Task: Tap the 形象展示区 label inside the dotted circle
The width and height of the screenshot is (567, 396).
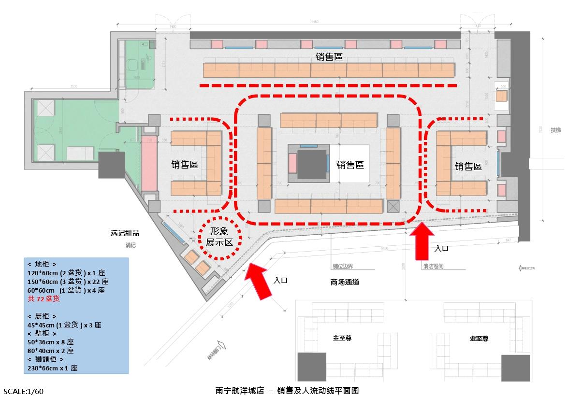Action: (x=219, y=237)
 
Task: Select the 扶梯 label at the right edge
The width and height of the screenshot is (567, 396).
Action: (x=556, y=130)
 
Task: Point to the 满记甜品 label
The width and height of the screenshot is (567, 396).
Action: (x=125, y=233)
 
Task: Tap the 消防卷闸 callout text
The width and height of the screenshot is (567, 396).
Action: (x=433, y=266)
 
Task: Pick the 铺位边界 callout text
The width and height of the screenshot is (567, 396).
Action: (x=343, y=266)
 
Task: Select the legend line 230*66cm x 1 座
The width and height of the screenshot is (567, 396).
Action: (x=53, y=368)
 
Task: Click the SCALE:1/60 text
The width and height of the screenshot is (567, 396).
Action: (x=27, y=391)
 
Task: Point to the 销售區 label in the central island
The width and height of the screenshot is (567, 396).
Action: (x=350, y=165)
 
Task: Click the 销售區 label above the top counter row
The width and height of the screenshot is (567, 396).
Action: (x=329, y=57)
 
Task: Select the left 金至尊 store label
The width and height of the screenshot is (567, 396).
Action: (x=342, y=339)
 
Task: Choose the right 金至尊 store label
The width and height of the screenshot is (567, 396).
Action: (x=479, y=339)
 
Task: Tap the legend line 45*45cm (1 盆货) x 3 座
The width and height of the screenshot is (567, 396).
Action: (x=64, y=325)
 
